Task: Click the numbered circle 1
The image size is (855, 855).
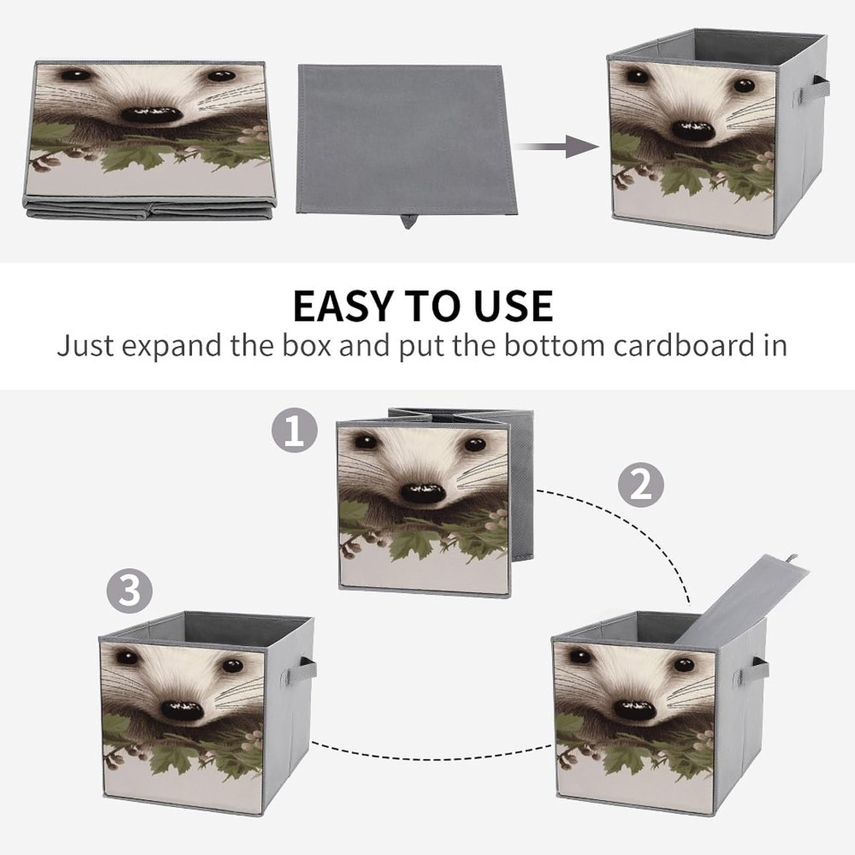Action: coord(294,430)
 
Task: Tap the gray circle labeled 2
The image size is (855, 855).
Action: coord(641,484)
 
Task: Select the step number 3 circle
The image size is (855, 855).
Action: coord(129,590)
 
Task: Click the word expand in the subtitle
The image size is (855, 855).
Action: coord(171,347)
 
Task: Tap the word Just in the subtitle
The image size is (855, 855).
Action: coord(85,345)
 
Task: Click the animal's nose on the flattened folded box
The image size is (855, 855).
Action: coord(151,114)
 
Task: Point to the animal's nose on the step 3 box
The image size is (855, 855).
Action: coord(182,710)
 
